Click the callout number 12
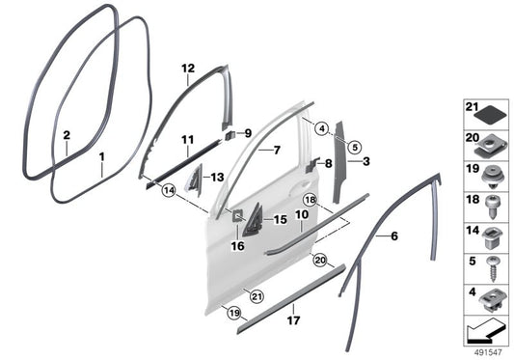188,69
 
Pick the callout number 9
246,133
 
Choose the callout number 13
218,177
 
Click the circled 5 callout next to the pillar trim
354,147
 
